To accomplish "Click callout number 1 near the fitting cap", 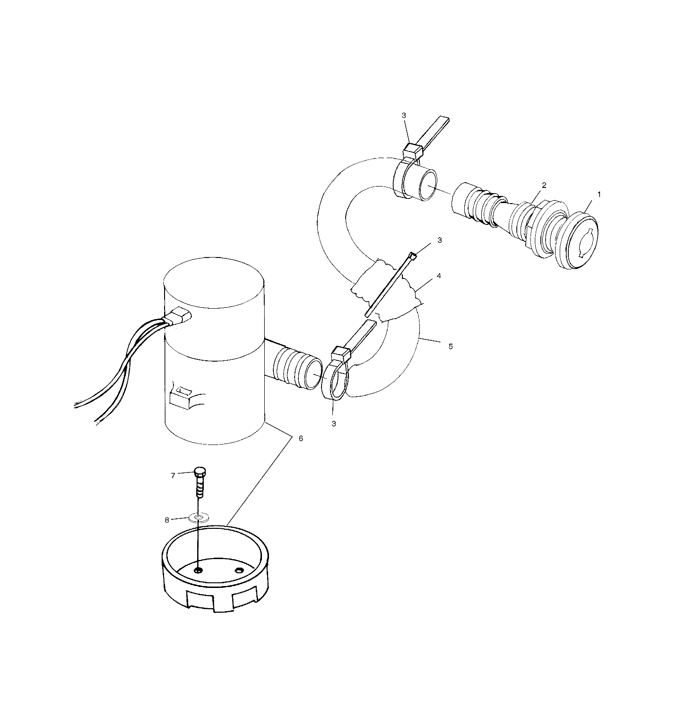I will coord(599,194).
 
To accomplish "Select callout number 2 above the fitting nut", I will coord(544,185).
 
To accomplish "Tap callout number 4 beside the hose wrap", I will coord(439,276).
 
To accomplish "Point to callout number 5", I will coord(450,347).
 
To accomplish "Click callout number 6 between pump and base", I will coord(301,438).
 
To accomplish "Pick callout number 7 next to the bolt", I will coord(173,475).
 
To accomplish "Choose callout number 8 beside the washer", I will coord(167,520).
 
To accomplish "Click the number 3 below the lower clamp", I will coord(334,424).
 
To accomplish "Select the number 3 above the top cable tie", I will coord(403,115).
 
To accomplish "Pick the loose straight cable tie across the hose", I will coord(390,285).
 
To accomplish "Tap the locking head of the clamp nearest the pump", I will coord(341,353).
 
